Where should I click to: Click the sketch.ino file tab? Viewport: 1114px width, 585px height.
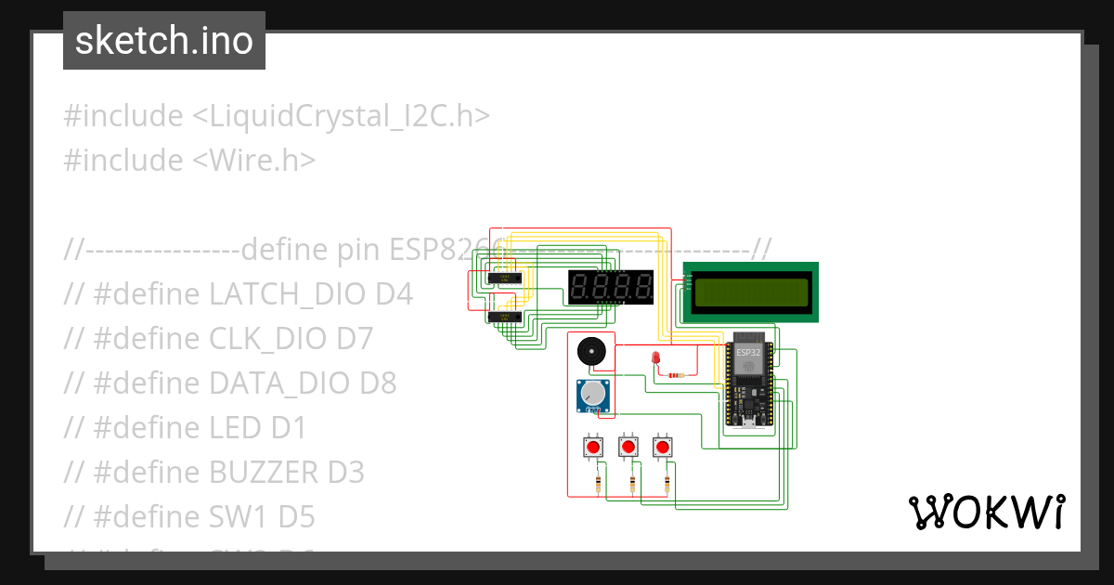coord(164,41)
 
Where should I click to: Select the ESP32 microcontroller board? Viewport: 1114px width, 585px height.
coord(748,381)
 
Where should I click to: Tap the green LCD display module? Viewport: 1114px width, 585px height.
coord(751,292)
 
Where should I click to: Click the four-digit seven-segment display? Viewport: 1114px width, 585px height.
coord(611,286)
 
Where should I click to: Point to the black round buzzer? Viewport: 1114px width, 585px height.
coord(589,353)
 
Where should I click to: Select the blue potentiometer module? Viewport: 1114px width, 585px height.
coord(592,396)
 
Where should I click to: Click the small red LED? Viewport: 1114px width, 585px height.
coord(655,359)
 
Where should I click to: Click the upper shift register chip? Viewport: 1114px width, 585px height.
coord(503,278)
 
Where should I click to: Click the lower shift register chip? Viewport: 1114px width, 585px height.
coord(503,317)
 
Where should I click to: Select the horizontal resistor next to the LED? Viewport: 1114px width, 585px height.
coord(676,376)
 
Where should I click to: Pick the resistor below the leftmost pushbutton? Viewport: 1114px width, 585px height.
coord(597,484)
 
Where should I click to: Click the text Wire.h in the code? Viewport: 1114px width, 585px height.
coord(254,160)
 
